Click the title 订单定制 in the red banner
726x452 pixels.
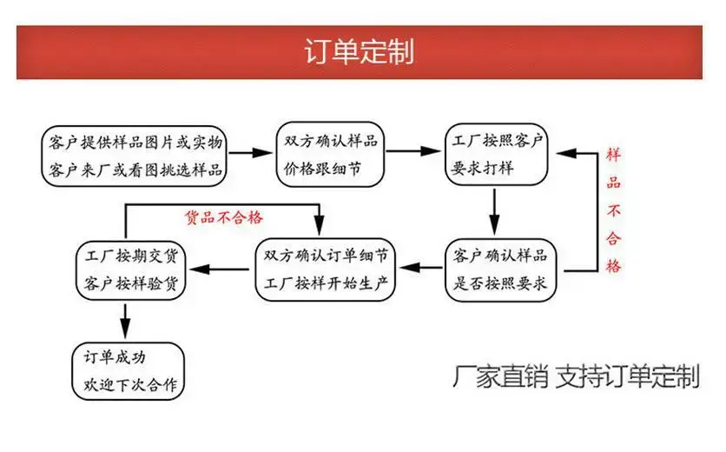click(359, 51)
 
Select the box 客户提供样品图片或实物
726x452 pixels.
click(134, 156)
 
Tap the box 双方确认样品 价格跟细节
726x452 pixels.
click(330, 155)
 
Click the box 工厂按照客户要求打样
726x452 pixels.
click(497, 155)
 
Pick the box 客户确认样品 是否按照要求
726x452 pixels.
click(500, 269)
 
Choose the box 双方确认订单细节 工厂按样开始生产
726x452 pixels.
click(326, 269)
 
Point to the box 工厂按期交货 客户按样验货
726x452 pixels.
click(131, 269)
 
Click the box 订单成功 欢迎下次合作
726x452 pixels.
click(129, 371)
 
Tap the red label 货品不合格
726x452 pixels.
click(224, 217)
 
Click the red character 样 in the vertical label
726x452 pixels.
click(613, 155)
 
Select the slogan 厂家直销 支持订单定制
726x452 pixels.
click(576, 376)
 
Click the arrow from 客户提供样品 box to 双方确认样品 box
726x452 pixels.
click(250, 152)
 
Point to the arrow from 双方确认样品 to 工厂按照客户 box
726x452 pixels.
click(413, 150)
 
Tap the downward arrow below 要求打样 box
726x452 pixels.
click(494, 212)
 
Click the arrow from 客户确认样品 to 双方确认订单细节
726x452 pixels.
click(421, 268)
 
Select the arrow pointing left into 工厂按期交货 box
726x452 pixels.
click(220, 269)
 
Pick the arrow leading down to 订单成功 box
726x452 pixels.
click(125, 322)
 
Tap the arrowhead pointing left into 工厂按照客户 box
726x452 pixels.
click(567, 154)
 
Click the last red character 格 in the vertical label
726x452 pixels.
click(613, 266)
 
